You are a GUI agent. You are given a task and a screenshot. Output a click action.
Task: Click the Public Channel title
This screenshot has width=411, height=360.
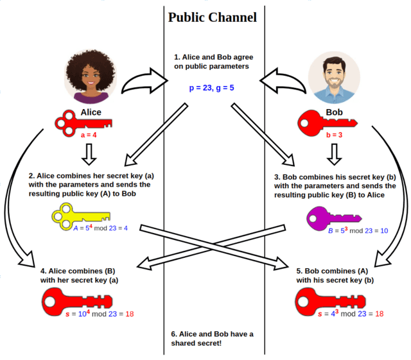click(213, 17)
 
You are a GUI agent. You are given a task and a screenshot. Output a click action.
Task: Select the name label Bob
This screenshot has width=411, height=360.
click(334, 112)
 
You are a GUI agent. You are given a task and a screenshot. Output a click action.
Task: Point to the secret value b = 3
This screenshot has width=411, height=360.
click(334, 136)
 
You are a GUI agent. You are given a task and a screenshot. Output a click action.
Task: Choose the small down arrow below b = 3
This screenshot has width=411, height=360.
click(334, 153)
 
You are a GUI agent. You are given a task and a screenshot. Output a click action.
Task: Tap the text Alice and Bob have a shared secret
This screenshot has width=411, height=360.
click(213, 338)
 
